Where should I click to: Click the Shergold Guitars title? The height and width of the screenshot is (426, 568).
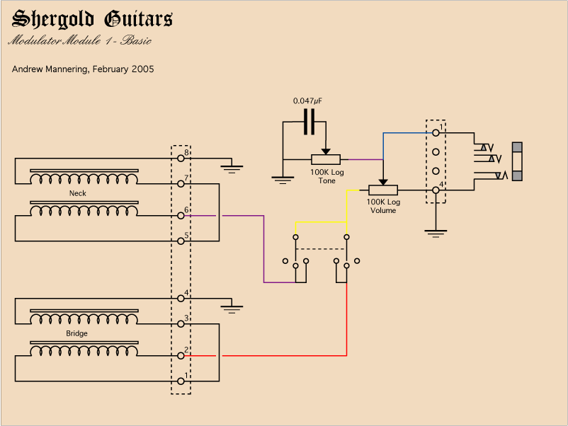(92, 19)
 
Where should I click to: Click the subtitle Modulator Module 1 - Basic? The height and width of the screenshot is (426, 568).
(79, 40)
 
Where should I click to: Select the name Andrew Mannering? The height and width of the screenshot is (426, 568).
(50, 69)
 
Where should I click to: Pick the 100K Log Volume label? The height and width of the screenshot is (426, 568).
(383, 206)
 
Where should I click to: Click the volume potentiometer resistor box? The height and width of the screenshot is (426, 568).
(383, 190)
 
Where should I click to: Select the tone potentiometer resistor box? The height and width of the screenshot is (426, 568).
(326, 159)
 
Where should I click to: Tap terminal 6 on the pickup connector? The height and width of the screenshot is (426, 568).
(181, 215)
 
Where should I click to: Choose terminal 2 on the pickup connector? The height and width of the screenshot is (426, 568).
(181, 355)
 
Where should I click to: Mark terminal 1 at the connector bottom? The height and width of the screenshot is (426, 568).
(181, 381)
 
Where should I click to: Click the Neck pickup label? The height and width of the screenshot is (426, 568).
(77, 193)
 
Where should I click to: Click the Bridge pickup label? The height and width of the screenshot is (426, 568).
(77, 333)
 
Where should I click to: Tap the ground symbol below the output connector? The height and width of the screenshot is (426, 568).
(436, 231)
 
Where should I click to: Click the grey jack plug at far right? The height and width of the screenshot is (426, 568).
(518, 162)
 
